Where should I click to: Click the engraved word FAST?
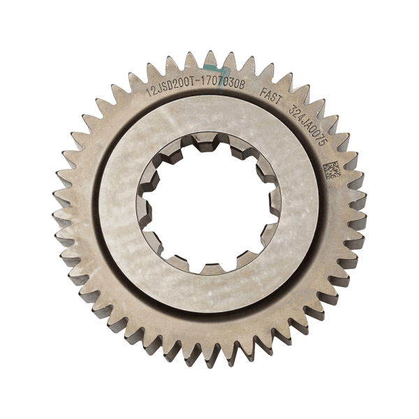click(x=271, y=96)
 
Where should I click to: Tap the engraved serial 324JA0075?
click(x=308, y=126)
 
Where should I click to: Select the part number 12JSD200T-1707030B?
click(x=196, y=86)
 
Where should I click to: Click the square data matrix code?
click(x=332, y=170)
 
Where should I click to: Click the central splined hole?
click(x=209, y=204)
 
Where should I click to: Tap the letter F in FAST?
click(x=263, y=93)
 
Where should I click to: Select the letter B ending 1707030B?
click(x=242, y=85)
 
